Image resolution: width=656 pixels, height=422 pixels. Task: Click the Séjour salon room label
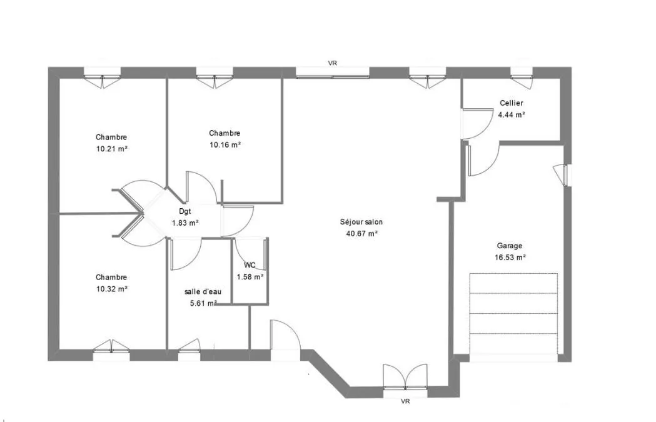[361, 222]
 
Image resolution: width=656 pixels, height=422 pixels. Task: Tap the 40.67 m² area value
[362, 234]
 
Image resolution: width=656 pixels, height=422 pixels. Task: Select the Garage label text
[509, 246]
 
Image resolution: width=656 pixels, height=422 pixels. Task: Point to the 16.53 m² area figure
[510, 258]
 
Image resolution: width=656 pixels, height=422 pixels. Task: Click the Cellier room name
[512, 103]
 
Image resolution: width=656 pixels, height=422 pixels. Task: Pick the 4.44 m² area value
[512, 114]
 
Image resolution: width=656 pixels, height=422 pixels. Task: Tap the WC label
[250, 265]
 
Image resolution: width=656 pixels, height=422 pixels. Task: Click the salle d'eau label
[203, 291]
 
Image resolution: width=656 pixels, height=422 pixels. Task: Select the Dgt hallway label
[185, 212]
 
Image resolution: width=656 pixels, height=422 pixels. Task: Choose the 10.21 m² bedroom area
[112, 148]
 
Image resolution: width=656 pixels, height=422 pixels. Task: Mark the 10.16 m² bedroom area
[225, 144]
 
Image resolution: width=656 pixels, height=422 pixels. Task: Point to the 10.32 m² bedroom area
[112, 289]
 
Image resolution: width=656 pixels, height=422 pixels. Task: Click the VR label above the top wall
[333, 63]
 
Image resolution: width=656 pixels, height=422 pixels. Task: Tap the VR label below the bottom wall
[405, 401]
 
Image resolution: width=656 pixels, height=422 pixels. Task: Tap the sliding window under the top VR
[333, 73]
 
